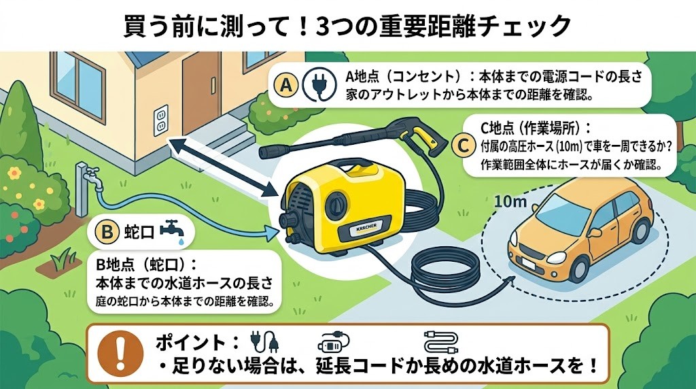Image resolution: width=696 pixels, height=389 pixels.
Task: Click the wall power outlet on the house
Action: [x=161, y=120]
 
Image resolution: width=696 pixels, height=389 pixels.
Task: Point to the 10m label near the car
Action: [x=511, y=202]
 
